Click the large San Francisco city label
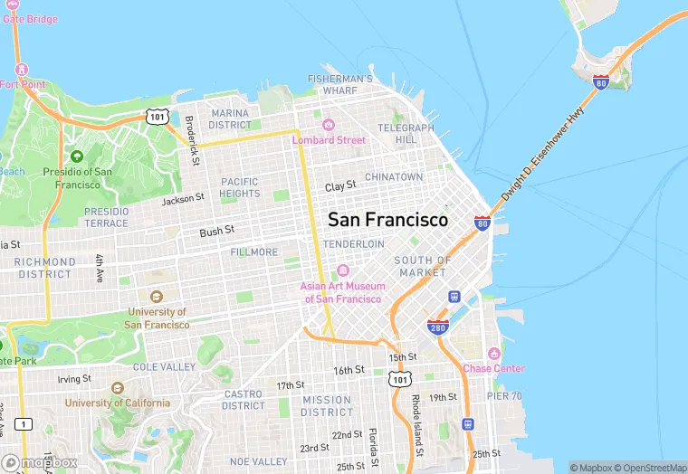click(x=387, y=220)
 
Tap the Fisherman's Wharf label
click(x=339, y=85)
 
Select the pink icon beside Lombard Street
click(x=328, y=125)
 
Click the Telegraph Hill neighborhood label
click(x=399, y=134)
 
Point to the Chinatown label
click(x=394, y=177)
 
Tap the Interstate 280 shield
click(x=437, y=326)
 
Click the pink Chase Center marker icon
click(x=493, y=353)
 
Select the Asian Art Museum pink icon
click(x=343, y=270)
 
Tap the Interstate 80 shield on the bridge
click(x=601, y=82)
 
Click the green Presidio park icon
click(x=76, y=156)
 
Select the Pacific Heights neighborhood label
click(x=240, y=187)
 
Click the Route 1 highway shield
click(x=24, y=423)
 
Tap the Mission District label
click(x=327, y=406)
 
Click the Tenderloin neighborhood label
click(x=354, y=244)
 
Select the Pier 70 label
click(x=503, y=395)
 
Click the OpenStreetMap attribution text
click(x=652, y=468)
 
